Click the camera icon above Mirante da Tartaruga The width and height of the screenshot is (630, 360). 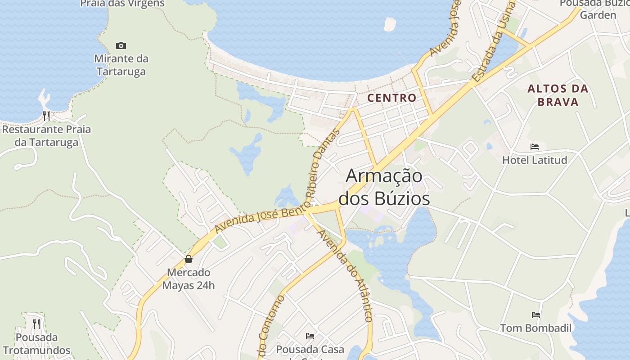121,45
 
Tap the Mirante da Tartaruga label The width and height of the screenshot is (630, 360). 121,65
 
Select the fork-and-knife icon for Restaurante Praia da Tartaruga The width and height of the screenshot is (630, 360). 46,116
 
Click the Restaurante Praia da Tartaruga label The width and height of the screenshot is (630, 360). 46,136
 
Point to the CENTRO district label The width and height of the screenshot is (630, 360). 392,98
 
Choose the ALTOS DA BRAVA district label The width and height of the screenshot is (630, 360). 558,95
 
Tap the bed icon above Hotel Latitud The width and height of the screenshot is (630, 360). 535,147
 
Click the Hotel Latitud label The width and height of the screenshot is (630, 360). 535,160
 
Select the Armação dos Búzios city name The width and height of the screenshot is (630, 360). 384,187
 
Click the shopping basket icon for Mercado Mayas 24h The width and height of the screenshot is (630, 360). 189,259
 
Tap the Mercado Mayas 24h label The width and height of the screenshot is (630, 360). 189,279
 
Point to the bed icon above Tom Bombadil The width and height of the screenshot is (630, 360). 536,315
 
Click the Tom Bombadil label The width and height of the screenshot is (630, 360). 536,328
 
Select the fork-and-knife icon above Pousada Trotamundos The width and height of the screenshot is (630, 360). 36,324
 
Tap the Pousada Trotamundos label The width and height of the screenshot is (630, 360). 36,344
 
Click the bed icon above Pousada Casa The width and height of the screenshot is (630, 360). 310,336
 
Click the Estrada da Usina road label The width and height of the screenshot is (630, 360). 494,43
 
